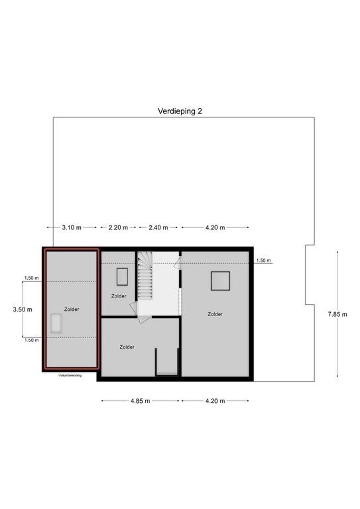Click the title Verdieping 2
(x=180, y=111)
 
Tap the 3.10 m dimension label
(x=72, y=227)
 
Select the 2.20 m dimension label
(x=118, y=227)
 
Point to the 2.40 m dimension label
(x=158, y=227)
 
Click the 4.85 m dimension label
(x=141, y=401)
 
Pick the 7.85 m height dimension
(x=337, y=314)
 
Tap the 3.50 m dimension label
(x=23, y=310)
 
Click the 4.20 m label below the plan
(x=215, y=401)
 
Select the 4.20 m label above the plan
(x=215, y=227)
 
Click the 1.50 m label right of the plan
(x=263, y=260)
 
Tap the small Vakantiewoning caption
(x=70, y=376)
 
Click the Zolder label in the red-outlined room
(x=72, y=310)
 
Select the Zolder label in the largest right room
(x=215, y=314)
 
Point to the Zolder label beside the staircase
(x=119, y=296)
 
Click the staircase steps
(x=145, y=276)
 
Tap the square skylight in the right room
(x=220, y=281)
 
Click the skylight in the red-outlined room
(x=56, y=323)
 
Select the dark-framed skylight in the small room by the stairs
(x=122, y=276)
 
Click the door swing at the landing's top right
(x=177, y=263)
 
